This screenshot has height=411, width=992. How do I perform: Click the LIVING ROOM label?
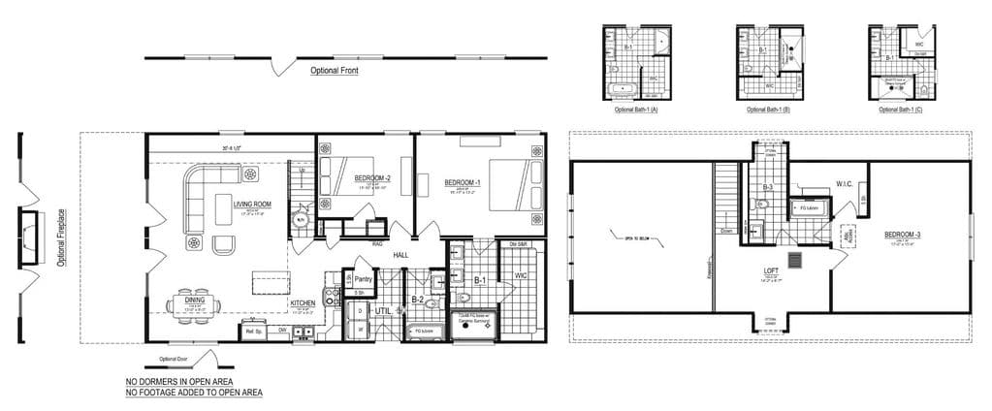point(252,205)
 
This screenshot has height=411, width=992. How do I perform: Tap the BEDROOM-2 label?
point(371,178)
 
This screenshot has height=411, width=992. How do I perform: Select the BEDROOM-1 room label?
point(463,181)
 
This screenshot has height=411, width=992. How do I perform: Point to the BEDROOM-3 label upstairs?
point(904,236)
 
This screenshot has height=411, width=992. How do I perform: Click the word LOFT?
point(771,272)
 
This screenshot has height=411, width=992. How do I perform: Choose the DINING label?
point(194,300)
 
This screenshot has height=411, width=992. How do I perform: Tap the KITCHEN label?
point(303,303)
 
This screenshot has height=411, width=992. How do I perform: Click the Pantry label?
point(364,278)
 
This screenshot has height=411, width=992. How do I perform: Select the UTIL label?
point(383,311)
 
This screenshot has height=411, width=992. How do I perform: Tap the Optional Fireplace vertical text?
point(61,237)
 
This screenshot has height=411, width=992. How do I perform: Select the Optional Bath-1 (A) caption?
point(636,110)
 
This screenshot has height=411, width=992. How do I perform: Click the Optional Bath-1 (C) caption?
point(901,110)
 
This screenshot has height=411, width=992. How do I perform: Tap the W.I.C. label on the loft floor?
point(843,183)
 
